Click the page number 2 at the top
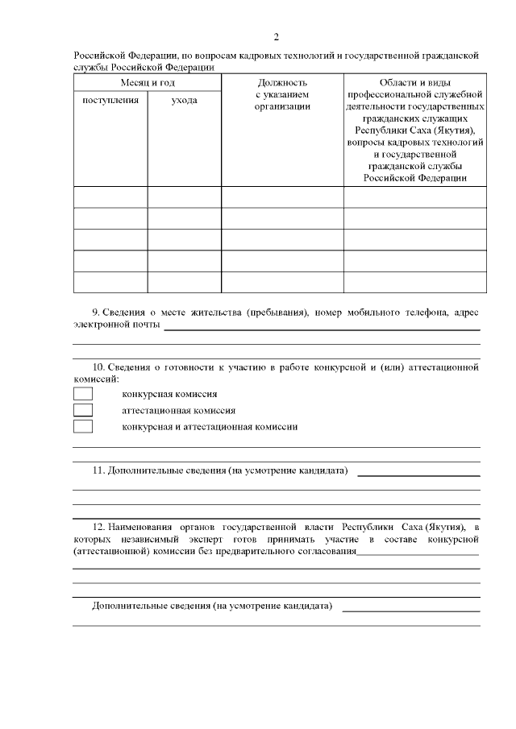click(277, 37)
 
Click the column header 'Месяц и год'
click(148, 83)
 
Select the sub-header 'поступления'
click(110, 101)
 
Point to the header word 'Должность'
click(282, 83)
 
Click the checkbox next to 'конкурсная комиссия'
click(83, 394)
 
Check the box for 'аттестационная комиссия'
click(83, 410)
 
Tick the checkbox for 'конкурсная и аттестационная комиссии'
click(83, 426)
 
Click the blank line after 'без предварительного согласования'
click(418, 553)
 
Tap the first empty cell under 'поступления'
click(110, 197)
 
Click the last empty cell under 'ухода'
click(184, 282)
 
